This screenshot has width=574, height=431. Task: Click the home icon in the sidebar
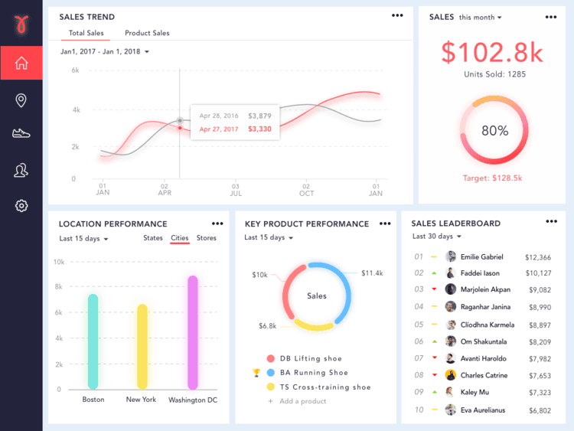point(21,63)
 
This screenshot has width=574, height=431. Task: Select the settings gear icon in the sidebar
point(21,205)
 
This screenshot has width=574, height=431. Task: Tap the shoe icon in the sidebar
point(21,133)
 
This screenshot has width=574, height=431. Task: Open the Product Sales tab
point(147,33)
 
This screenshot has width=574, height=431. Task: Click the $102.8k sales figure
point(492,52)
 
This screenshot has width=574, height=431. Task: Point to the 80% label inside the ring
point(494,130)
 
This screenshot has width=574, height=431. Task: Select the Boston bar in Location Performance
point(93,341)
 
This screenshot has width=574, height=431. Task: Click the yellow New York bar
point(142,346)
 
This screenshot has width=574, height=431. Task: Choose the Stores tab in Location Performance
point(207,238)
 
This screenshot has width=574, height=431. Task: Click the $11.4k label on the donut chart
point(372,273)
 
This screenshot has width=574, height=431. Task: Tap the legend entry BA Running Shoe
point(314,373)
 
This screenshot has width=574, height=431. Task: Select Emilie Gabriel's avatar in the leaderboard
point(451,257)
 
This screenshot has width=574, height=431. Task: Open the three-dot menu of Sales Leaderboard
point(551,221)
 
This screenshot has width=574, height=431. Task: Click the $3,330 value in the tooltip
point(259,129)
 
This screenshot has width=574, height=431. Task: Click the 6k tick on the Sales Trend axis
point(76,70)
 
